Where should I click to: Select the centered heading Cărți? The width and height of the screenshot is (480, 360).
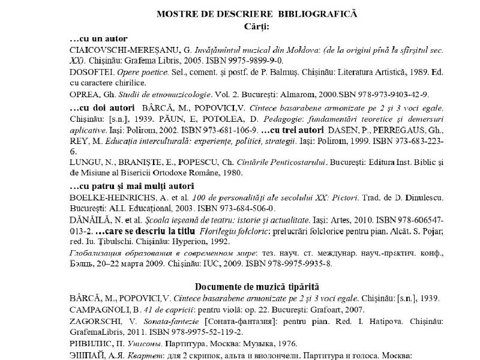[257, 26]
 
